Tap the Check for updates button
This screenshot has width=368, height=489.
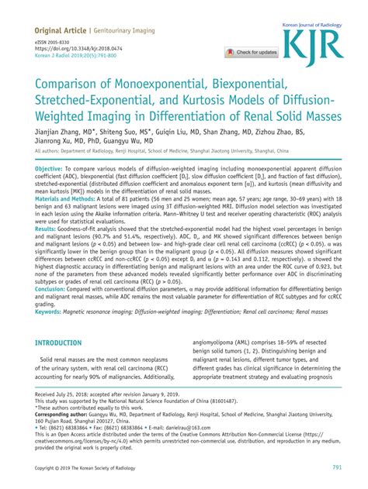(x=252, y=53)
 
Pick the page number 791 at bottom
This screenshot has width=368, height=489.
(x=337, y=467)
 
